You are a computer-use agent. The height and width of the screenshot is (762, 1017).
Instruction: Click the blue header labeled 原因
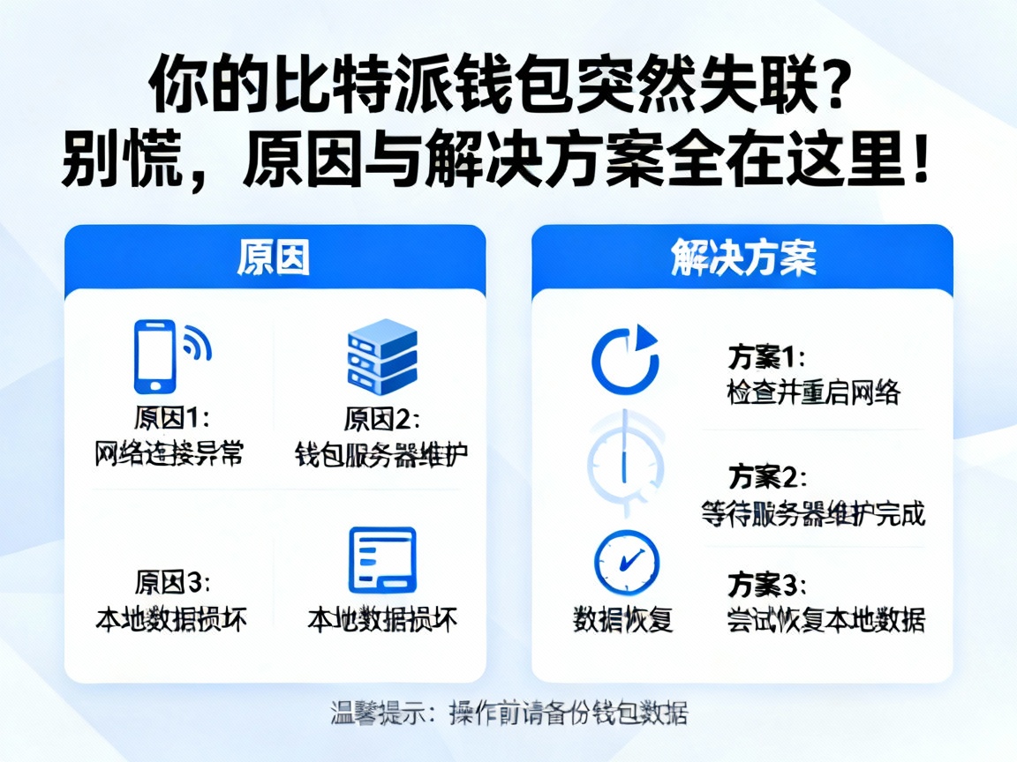point(275,258)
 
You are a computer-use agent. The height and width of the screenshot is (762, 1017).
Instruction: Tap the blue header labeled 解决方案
point(742,258)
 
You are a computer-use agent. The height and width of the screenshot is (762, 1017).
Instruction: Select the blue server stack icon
point(381,355)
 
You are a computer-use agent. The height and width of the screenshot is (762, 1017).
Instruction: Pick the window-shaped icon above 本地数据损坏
point(382,560)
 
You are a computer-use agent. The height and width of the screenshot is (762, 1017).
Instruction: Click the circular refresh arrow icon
point(625,359)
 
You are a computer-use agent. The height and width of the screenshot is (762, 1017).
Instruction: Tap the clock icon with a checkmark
point(626,562)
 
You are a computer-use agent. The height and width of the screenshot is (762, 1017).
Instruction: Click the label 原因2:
point(381,416)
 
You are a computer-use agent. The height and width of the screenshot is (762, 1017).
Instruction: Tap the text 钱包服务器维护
point(381,454)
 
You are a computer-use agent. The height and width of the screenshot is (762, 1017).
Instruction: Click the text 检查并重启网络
point(813,392)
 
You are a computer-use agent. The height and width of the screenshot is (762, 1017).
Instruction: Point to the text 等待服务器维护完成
point(813,512)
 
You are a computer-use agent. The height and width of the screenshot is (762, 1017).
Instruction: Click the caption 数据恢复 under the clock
point(623,619)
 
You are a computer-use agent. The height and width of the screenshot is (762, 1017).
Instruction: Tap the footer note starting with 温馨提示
point(508,712)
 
